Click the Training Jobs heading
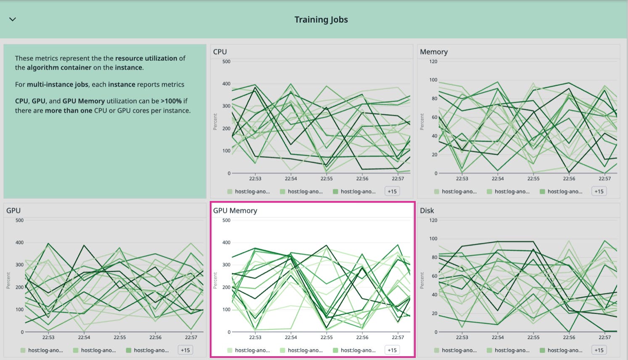coord(321,20)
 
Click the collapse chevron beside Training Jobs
coord(13,19)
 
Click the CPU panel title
coord(220,52)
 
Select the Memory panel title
coord(433,52)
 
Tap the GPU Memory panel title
coord(235,211)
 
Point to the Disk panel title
coord(427,211)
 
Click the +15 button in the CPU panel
coord(392,191)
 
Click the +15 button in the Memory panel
coord(599,191)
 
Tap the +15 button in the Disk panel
coord(599,350)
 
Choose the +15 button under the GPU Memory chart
coord(392,350)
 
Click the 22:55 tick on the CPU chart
coord(326,179)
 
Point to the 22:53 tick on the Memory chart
coord(462,179)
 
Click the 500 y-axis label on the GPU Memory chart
coord(226,220)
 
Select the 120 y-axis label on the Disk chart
coord(433,220)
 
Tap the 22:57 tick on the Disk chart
coord(604,337)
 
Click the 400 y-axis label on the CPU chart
coord(226,84)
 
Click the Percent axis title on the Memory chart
coord(422,122)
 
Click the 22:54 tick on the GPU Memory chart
coord(290,337)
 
